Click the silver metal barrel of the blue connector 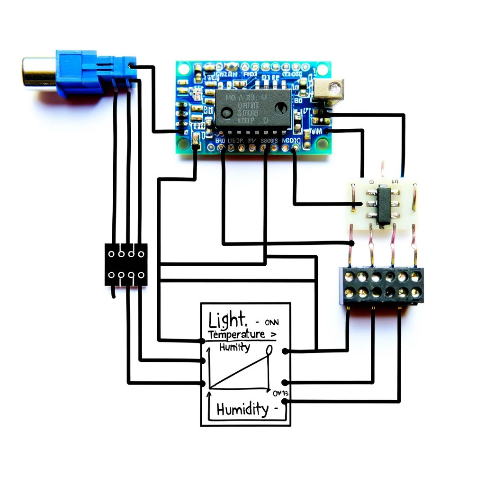tap(38, 71)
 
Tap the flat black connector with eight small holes tap(126, 265)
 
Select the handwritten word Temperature tap(237, 335)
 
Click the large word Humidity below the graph tap(242, 409)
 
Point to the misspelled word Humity tap(234, 348)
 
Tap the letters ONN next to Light tap(272, 322)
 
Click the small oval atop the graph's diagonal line tap(269, 350)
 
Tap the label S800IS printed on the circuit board tap(270, 141)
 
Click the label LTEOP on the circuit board tap(235, 141)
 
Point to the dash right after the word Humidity tap(275, 410)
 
